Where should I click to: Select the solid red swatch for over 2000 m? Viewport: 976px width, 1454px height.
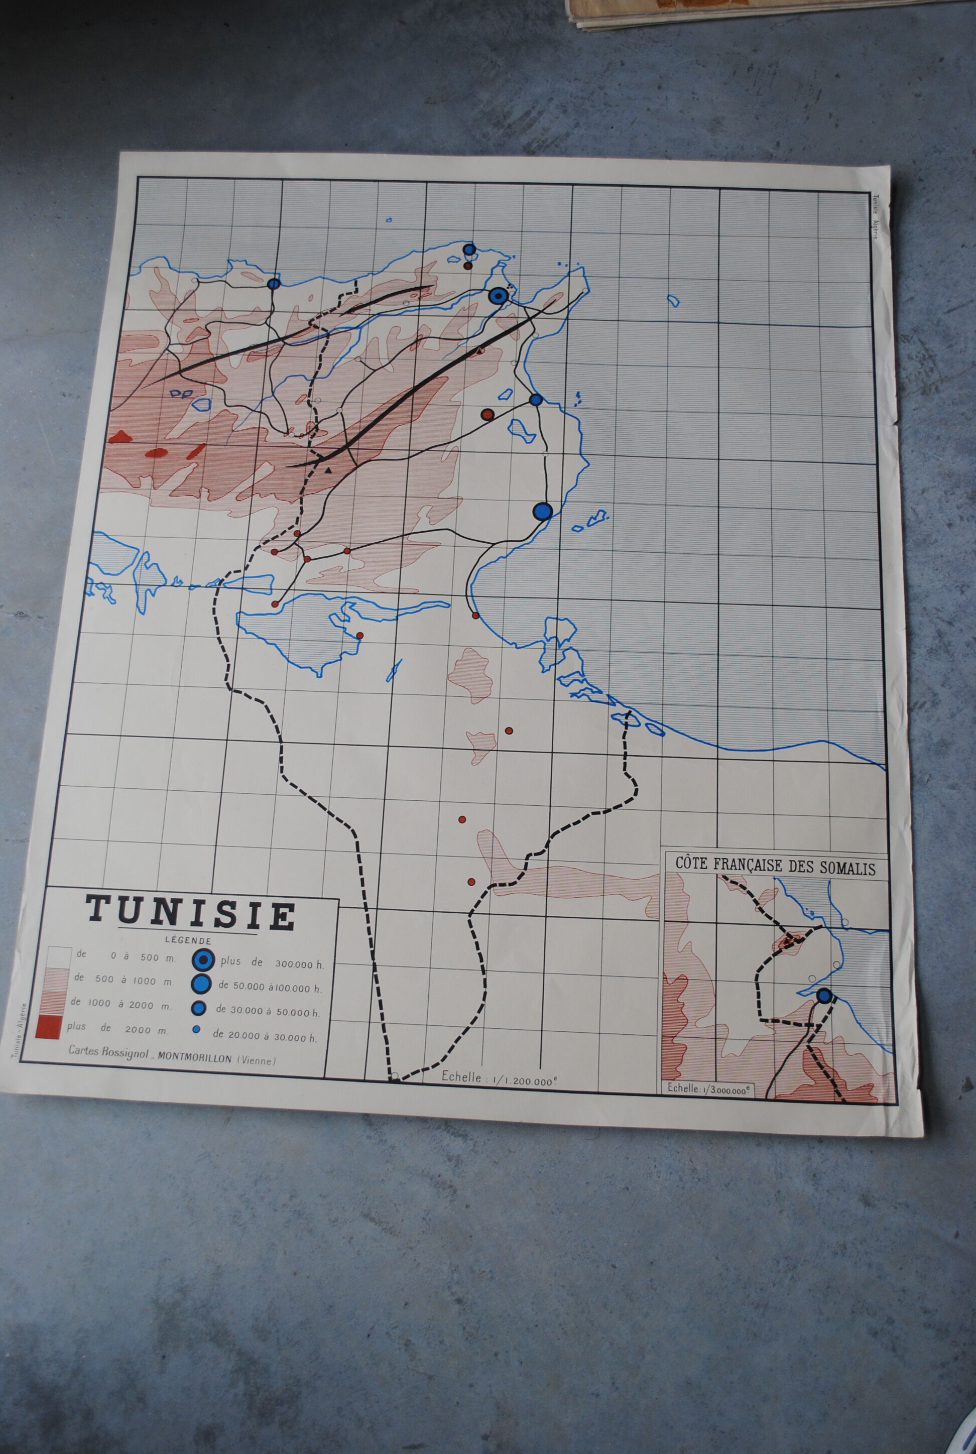50,1026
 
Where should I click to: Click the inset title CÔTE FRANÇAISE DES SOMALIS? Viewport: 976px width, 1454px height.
775,867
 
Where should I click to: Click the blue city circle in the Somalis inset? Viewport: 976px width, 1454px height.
823,996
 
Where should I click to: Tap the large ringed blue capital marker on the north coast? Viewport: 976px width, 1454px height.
497,296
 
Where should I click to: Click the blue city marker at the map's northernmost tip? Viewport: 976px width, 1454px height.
469,250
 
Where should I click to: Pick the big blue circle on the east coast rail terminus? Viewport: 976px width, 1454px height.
542,511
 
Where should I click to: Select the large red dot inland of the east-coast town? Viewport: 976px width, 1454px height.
487,415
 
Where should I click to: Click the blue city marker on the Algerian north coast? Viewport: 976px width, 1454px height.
273,284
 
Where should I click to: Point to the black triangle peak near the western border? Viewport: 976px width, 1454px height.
328,470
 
